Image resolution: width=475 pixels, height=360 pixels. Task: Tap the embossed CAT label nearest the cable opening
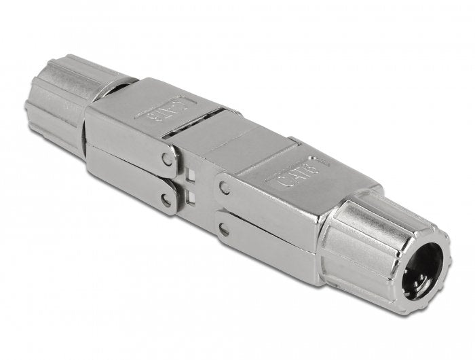coord(297,171)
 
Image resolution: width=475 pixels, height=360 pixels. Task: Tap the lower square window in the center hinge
coord(192,196)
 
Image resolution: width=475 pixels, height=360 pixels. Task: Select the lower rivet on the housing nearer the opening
coord(224,229)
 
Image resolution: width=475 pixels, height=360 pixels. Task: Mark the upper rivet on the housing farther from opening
coord(167,160)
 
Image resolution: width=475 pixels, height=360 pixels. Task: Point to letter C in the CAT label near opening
coord(279,179)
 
